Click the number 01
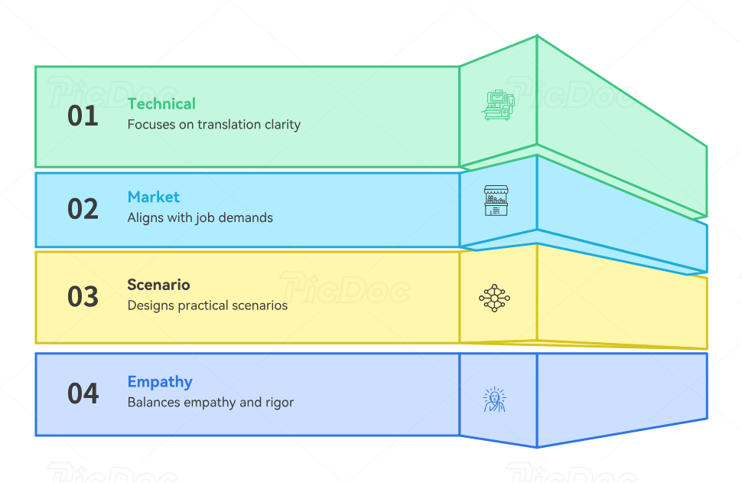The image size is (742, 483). (83, 116)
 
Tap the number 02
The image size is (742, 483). (83, 209)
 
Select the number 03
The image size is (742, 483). (83, 296)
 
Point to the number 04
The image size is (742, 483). (83, 393)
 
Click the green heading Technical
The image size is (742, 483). (161, 103)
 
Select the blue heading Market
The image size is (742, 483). (154, 197)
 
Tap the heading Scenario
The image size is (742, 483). (158, 285)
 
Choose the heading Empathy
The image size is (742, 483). (160, 381)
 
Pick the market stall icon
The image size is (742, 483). (496, 200)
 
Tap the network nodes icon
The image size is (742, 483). (494, 298)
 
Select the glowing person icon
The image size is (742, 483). (494, 399)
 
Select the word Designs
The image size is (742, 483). (151, 305)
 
